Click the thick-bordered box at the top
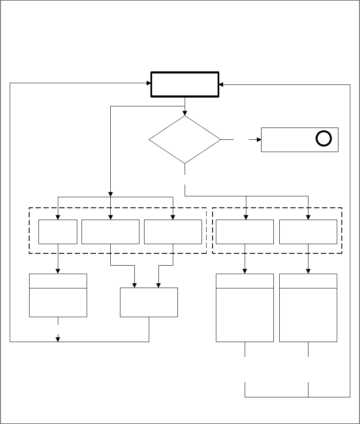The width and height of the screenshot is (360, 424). click(x=185, y=85)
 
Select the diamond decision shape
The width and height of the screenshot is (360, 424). click(x=185, y=139)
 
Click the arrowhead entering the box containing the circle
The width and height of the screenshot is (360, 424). click(x=259, y=139)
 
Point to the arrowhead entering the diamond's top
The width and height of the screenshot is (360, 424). click(x=185, y=113)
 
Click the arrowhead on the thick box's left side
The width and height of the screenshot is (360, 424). click(x=149, y=83)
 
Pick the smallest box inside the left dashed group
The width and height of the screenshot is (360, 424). click(x=58, y=231)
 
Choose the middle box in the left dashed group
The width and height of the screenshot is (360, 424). click(x=110, y=231)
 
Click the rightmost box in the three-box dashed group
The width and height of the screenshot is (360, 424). click(x=173, y=231)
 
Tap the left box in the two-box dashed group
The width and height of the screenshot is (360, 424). click(x=245, y=231)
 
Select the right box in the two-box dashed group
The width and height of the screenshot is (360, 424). click(x=308, y=231)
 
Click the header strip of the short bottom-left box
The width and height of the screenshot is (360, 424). click(x=58, y=281)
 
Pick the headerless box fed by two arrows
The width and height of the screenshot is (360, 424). click(x=149, y=302)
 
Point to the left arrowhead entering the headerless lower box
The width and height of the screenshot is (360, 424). click(x=135, y=285)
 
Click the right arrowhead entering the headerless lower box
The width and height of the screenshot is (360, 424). click(x=158, y=285)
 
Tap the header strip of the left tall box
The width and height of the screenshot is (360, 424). click(x=245, y=281)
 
